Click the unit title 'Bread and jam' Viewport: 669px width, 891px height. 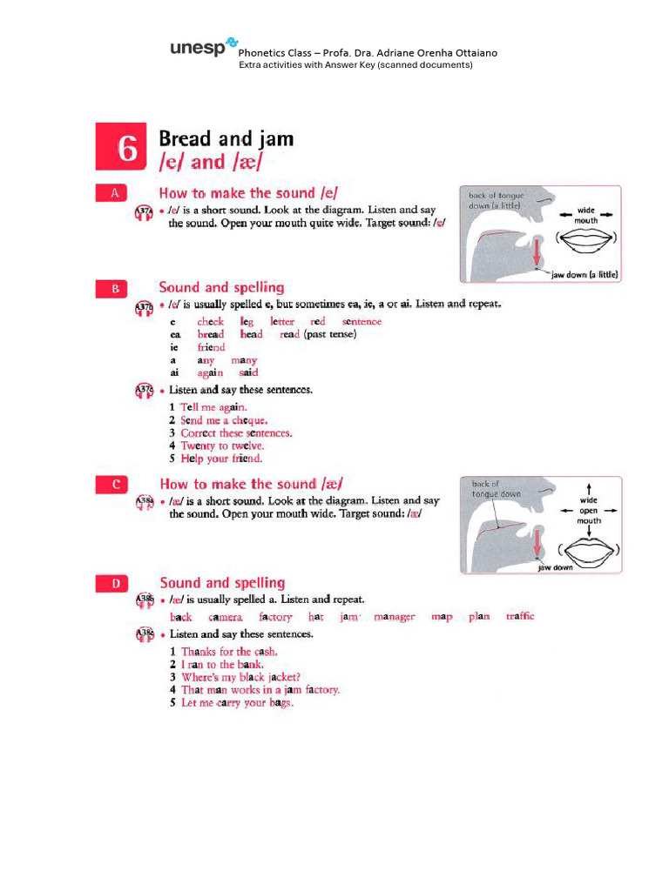coord(226,138)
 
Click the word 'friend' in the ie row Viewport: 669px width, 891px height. coord(211,347)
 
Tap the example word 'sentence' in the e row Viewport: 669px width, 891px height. coord(362,322)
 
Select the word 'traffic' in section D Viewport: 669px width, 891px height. coord(519,617)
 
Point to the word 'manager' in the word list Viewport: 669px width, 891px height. coord(394,617)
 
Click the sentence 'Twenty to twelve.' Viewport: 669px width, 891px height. coord(222,445)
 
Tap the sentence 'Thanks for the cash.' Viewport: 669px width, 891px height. coord(229,652)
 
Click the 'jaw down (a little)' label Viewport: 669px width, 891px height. coord(585,274)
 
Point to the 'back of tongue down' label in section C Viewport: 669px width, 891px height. coord(497,489)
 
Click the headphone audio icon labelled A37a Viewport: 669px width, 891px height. coord(144,211)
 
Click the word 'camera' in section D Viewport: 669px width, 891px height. coord(225,617)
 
